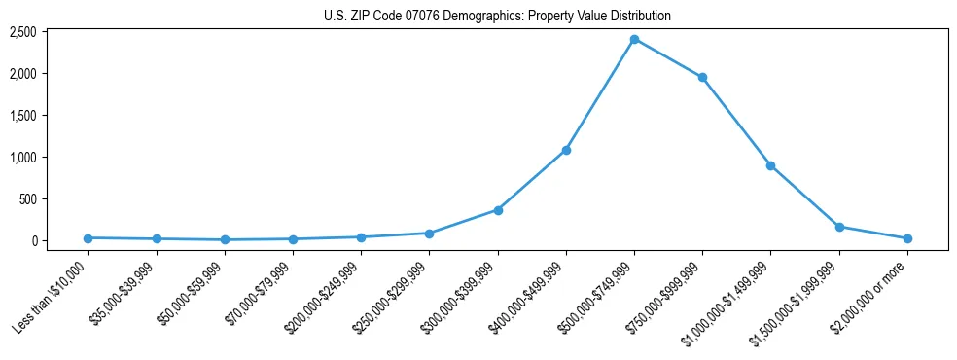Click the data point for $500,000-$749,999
click(x=634, y=39)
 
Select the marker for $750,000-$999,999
click(x=702, y=77)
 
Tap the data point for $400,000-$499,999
click(x=566, y=150)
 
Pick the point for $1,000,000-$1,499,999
click(x=770, y=165)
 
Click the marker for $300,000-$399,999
click(x=498, y=210)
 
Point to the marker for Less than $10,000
click(x=88, y=237)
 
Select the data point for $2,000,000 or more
click(x=907, y=238)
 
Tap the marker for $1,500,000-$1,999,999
click(x=839, y=227)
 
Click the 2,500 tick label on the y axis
click(x=22, y=32)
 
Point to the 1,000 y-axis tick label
click(x=22, y=158)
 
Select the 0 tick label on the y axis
click(x=32, y=241)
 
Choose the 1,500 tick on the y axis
click(x=22, y=116)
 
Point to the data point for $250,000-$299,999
click(x=429, y=234)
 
